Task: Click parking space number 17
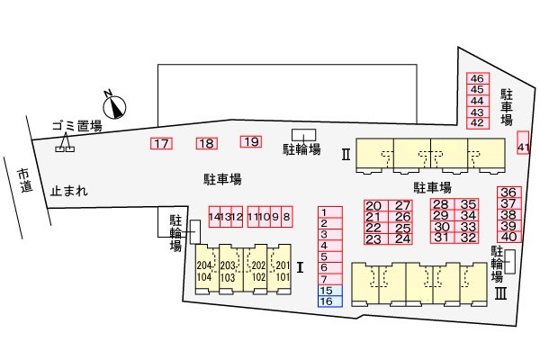pos(161,143)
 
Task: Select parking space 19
pos(251,141)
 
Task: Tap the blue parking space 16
pos(330,301)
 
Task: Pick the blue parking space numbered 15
pos(330,291)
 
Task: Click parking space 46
pos(478,78)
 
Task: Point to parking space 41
pos(523,142)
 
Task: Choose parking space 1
pos(330,212)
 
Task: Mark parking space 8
pos(287,217)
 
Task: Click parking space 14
pos(214,217)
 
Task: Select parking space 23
pos(376,239)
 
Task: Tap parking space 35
pos(466,204)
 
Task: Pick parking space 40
pos(509,237)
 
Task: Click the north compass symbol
pos(114,106)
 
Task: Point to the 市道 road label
pos(25,180)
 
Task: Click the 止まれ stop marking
pos(69,191)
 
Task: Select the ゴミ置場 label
pos(77,126)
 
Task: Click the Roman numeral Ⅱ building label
pos(346,154)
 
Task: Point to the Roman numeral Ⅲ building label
pos(500,294)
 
